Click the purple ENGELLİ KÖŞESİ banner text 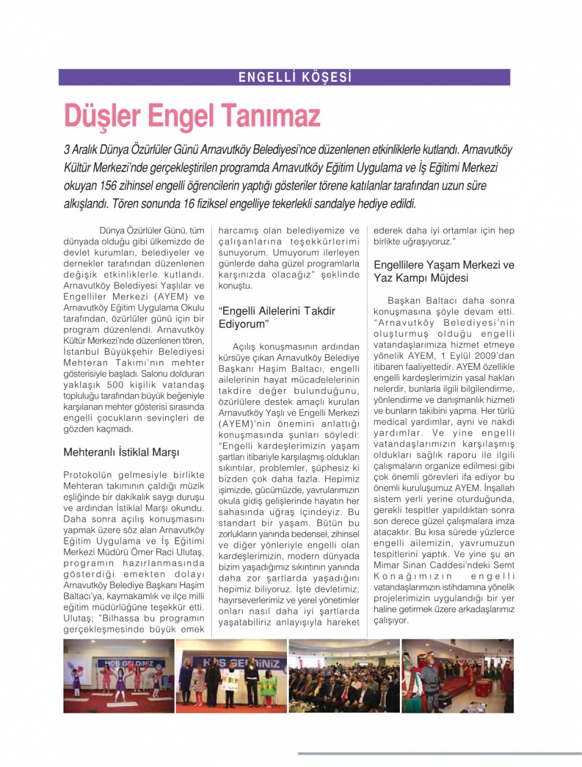click(295, 77)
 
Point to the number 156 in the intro click(108, 186)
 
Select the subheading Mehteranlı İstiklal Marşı click(121, 453)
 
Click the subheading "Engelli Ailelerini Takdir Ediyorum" click(276, 317)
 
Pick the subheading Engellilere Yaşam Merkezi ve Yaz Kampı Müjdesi click(443, 271)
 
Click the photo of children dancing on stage click(119, 676)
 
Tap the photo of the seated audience click(344, 676)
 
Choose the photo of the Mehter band click(457, 676)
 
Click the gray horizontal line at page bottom click(439, 754)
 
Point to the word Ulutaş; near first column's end click(77, 618)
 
